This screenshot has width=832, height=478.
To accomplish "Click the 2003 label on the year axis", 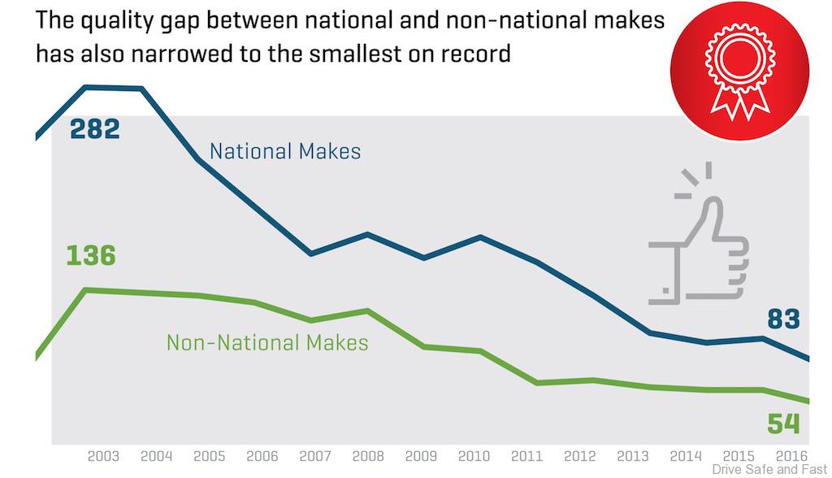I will point(104,455).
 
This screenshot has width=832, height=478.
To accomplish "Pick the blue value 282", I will point(94,128).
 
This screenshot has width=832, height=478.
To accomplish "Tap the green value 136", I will point(91,255).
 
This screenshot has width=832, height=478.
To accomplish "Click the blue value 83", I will point(783,319).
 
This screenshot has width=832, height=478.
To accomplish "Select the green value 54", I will point(783,424).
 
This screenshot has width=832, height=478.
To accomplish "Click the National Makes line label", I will point(285,151).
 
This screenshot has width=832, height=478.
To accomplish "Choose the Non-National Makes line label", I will point(267,342).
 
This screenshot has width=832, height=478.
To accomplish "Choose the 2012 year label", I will point(579,455).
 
